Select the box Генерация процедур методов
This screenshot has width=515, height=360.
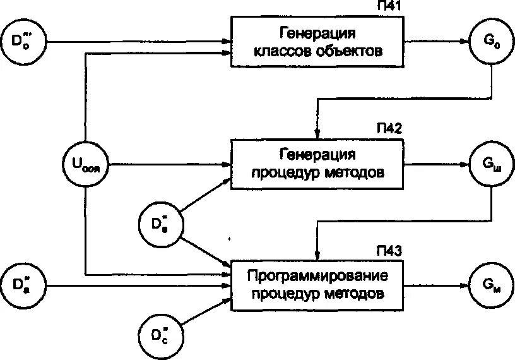[x=317, y=164]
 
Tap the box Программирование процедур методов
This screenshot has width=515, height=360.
[x=317, y=285]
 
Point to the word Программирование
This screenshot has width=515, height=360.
[x=317, y=276]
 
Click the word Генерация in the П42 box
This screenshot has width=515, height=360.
[x=317, y=155]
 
